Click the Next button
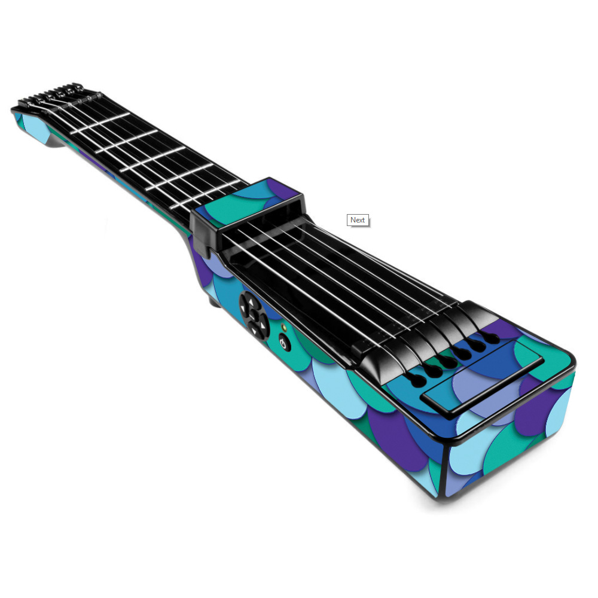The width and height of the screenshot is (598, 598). pos(358,220)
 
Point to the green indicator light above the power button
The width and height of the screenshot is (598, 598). pos(283,327)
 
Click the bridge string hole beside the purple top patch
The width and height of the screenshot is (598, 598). pos(492,338)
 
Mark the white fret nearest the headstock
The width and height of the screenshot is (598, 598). pos(100,124)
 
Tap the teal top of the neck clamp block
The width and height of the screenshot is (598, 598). pos(244,200)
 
